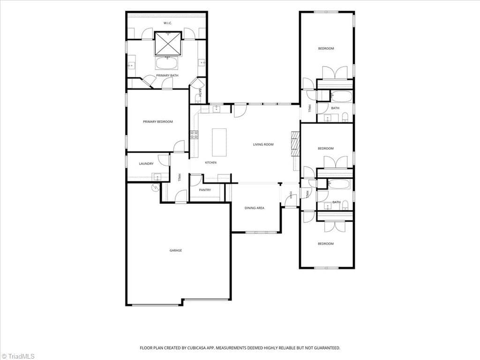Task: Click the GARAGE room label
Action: tap(176, 250)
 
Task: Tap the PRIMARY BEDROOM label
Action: tap(158, 122)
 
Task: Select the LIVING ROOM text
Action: tap(263, 144)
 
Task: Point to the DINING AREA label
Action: tap(255, 208)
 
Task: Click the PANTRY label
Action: tap(205, 190)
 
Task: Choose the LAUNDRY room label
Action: tap(146, 164)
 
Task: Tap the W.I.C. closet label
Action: tap(168, 23)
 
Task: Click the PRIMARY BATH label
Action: tap(167, 75)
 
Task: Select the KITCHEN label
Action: tap(210, 163)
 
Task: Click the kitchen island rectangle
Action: tap(219, 142)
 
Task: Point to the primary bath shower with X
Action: tap(168, 44)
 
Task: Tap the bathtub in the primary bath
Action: tap(167, 63)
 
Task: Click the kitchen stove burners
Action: tap(194, 135)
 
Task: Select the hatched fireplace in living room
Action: tap(295, 144)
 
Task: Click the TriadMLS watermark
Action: tap(18, 356)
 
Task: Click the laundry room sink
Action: tap(157, 177)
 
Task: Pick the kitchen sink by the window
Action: tap(217, 109)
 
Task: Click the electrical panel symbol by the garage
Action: tap(156, 187)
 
